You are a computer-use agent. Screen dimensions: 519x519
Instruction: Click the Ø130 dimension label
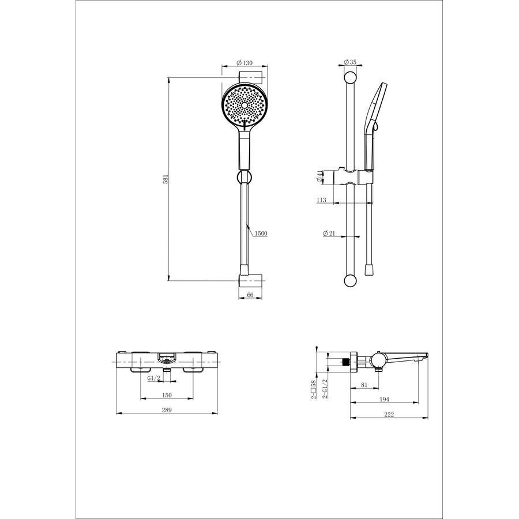pyautogui.click(x=245, y=62)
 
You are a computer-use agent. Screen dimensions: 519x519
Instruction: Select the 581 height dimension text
pyautogui.click(x=167, y=179)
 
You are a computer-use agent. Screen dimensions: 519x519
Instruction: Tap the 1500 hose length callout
pyautogui.click(x=261, y=234)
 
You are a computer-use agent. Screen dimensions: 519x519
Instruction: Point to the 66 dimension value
pyautogui.click(x=250, y=295)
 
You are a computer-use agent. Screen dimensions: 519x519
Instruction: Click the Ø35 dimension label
pyautogui.click(x=350, y=62)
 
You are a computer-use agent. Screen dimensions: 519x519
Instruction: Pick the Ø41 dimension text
pyautogui.click(x=319, y=177)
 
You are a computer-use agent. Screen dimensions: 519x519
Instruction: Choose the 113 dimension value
pyautogui.click(x=321, y=200)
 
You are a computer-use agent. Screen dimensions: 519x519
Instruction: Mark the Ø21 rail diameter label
pyautogui.click(x=329, y=234)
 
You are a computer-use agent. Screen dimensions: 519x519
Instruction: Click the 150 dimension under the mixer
pyautogui.click(x=167, y=395)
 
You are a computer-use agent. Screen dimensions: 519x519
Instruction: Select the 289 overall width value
pyautogui.click(x=167, y=410)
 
